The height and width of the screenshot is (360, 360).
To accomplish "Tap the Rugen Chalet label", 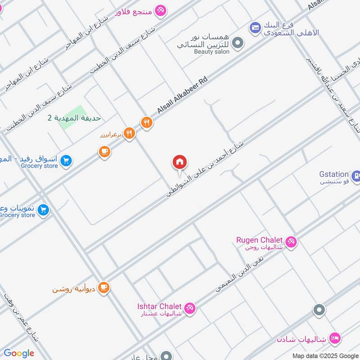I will pyautogui.click(x=259, y=239).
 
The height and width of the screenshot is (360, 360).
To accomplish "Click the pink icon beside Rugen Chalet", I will pyautogui.click(x=291, y=242).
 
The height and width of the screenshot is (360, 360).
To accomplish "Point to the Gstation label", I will pyautogui.click(x=334, y=174).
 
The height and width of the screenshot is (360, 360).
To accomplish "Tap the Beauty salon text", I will pyautogui.click(x=211, y=52).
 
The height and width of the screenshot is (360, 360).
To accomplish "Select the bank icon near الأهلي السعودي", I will pyautogui.click(x=255, y=27).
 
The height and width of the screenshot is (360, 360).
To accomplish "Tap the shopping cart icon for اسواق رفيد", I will pyautogui.click(x=66, y=161).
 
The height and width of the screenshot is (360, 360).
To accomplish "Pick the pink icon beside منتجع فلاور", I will pyautogui.click(x=160, y=10).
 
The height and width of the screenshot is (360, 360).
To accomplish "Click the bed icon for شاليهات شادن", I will pyautogui.click(x=334, y=337).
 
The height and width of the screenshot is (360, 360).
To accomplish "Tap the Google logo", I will pyautogui.click(x=19, y=353).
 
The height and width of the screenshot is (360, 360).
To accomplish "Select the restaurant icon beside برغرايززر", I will pyautogui.click(x=130, y=133).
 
